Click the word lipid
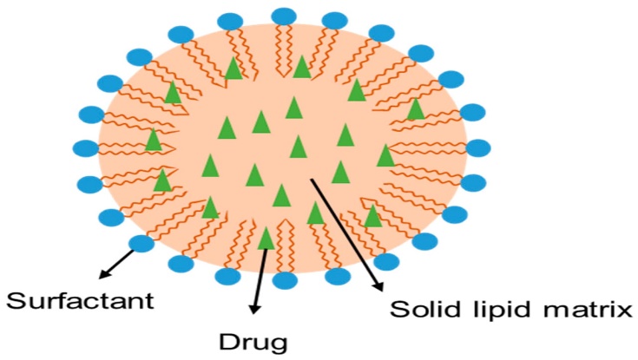coord(492,310)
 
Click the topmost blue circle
coord(284,16)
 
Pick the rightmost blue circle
coord(479,148)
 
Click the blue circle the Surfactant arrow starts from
coord(141,243)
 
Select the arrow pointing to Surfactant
coord(118,261)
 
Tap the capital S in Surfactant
coord(15,302)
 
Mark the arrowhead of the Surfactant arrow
coord(102,275)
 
